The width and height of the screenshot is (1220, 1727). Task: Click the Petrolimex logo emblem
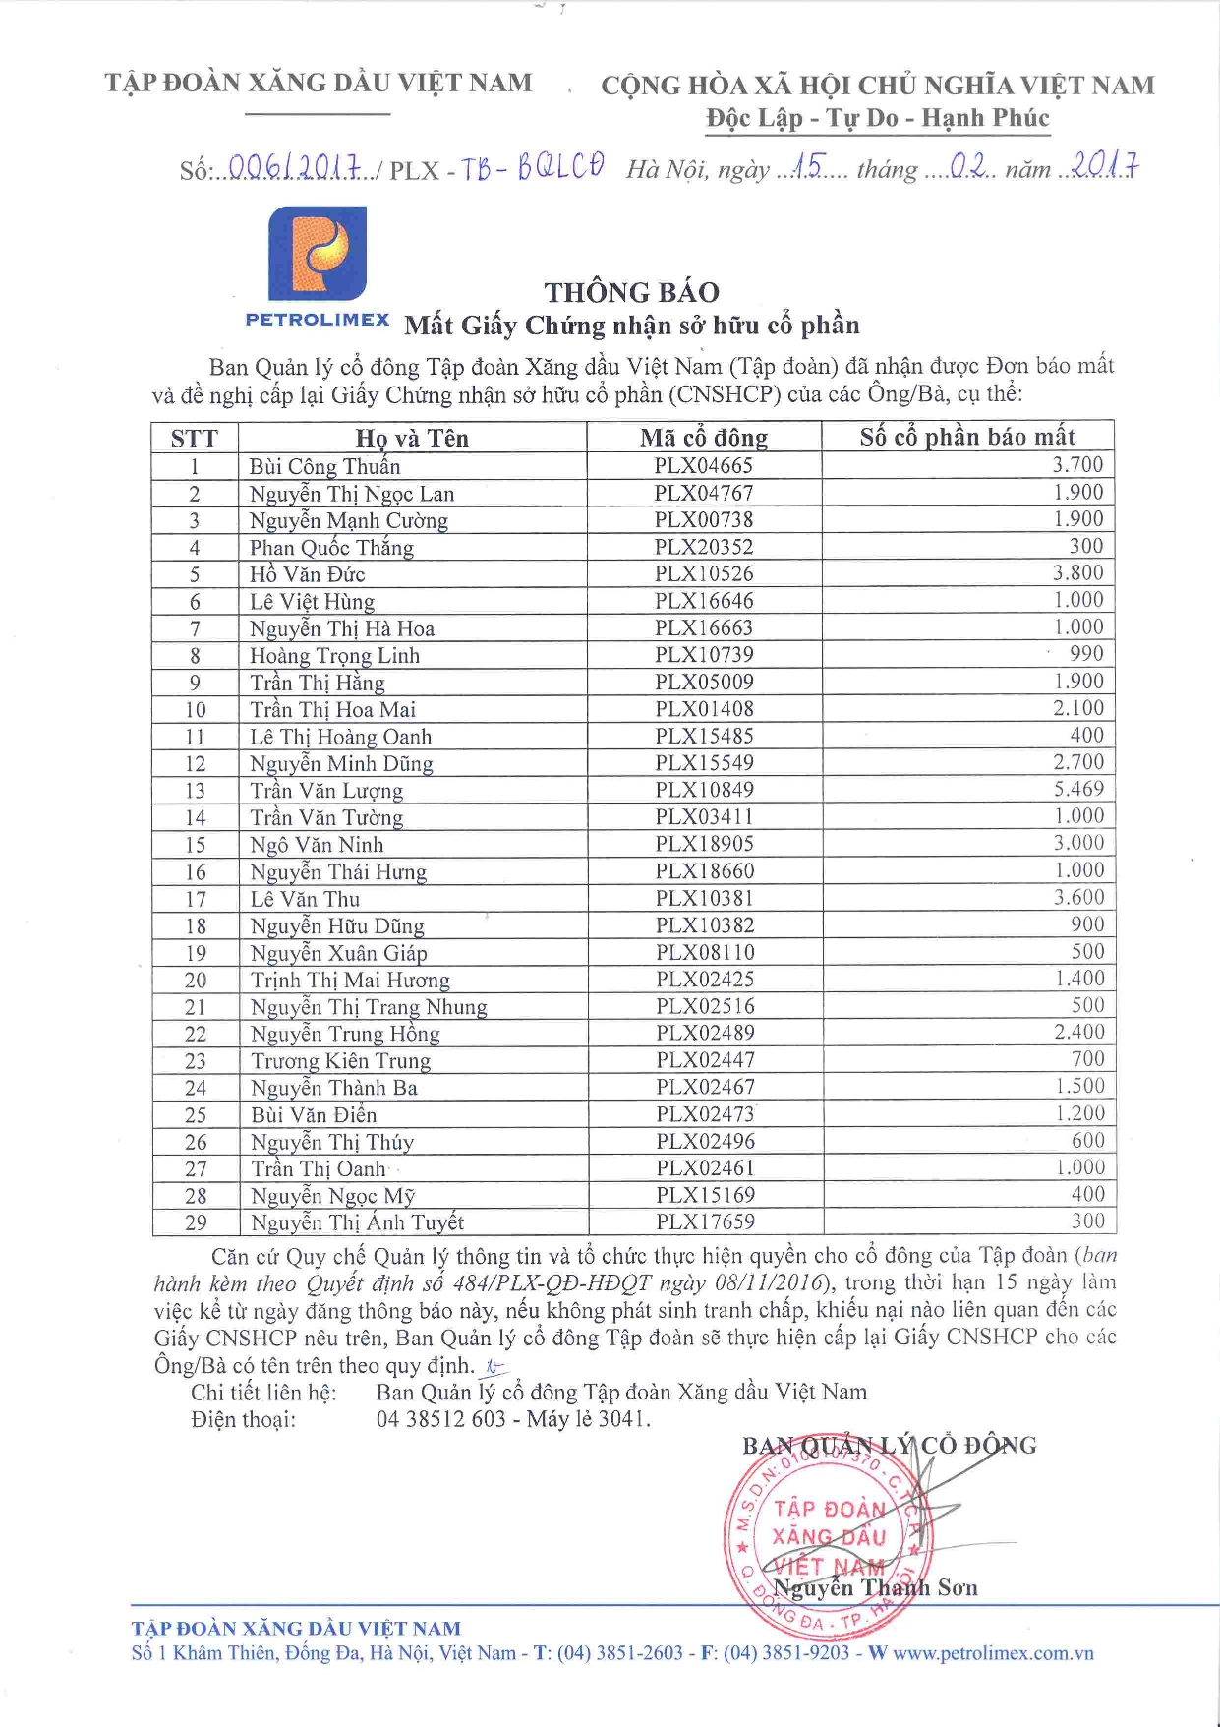click(x=318, y=253)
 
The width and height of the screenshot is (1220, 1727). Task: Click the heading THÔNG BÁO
click(x=632, y=292)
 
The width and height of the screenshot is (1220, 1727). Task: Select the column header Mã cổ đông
click(x=704, y=438)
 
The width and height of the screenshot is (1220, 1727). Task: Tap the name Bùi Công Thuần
click(x=324, y=466)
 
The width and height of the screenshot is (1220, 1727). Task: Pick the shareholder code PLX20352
click(x=704, y=547)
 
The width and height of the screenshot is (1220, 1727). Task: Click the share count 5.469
click(x=1078, y=789)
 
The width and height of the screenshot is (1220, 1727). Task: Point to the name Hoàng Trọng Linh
click(x=334, y=656)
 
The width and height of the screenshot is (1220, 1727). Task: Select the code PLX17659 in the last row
click(x=705, y=1221)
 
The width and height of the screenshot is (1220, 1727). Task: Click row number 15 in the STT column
click(x=196, y=845)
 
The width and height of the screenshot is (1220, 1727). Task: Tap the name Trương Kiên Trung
click(x=340, y=1061)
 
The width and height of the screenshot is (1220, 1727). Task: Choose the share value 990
click(x=1086, y=654)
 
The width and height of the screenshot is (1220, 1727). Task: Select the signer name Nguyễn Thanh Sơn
click(x=875, y=1588)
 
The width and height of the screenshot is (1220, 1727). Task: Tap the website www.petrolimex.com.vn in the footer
click(x=993, y=1653)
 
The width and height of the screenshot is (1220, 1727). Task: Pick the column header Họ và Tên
click(x=412, y=439)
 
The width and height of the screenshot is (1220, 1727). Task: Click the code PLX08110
click(x=705, y=952)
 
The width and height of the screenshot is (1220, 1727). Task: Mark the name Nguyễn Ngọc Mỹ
click(x=332, y=1196)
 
